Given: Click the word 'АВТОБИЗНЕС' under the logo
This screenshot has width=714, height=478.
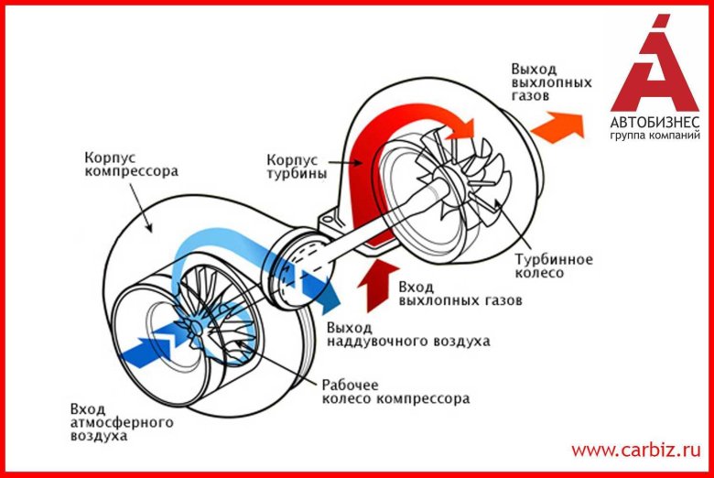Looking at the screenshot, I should click(x=654, y=122).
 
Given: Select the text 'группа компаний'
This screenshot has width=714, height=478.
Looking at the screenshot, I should click(x=654, y=136).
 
